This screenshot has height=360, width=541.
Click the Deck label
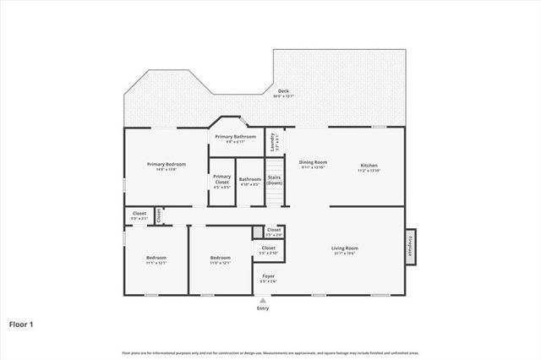283,92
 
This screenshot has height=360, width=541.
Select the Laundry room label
272,142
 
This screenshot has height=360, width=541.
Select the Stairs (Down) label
275,180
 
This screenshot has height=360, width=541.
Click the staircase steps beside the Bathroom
275,197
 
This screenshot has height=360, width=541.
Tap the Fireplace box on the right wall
410,246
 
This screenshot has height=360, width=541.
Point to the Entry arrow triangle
263,300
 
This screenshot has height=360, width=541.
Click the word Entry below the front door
263,308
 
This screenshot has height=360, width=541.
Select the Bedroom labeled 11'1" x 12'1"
156,259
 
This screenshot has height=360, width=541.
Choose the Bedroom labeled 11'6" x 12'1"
220,259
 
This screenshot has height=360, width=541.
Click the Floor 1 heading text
21,324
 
